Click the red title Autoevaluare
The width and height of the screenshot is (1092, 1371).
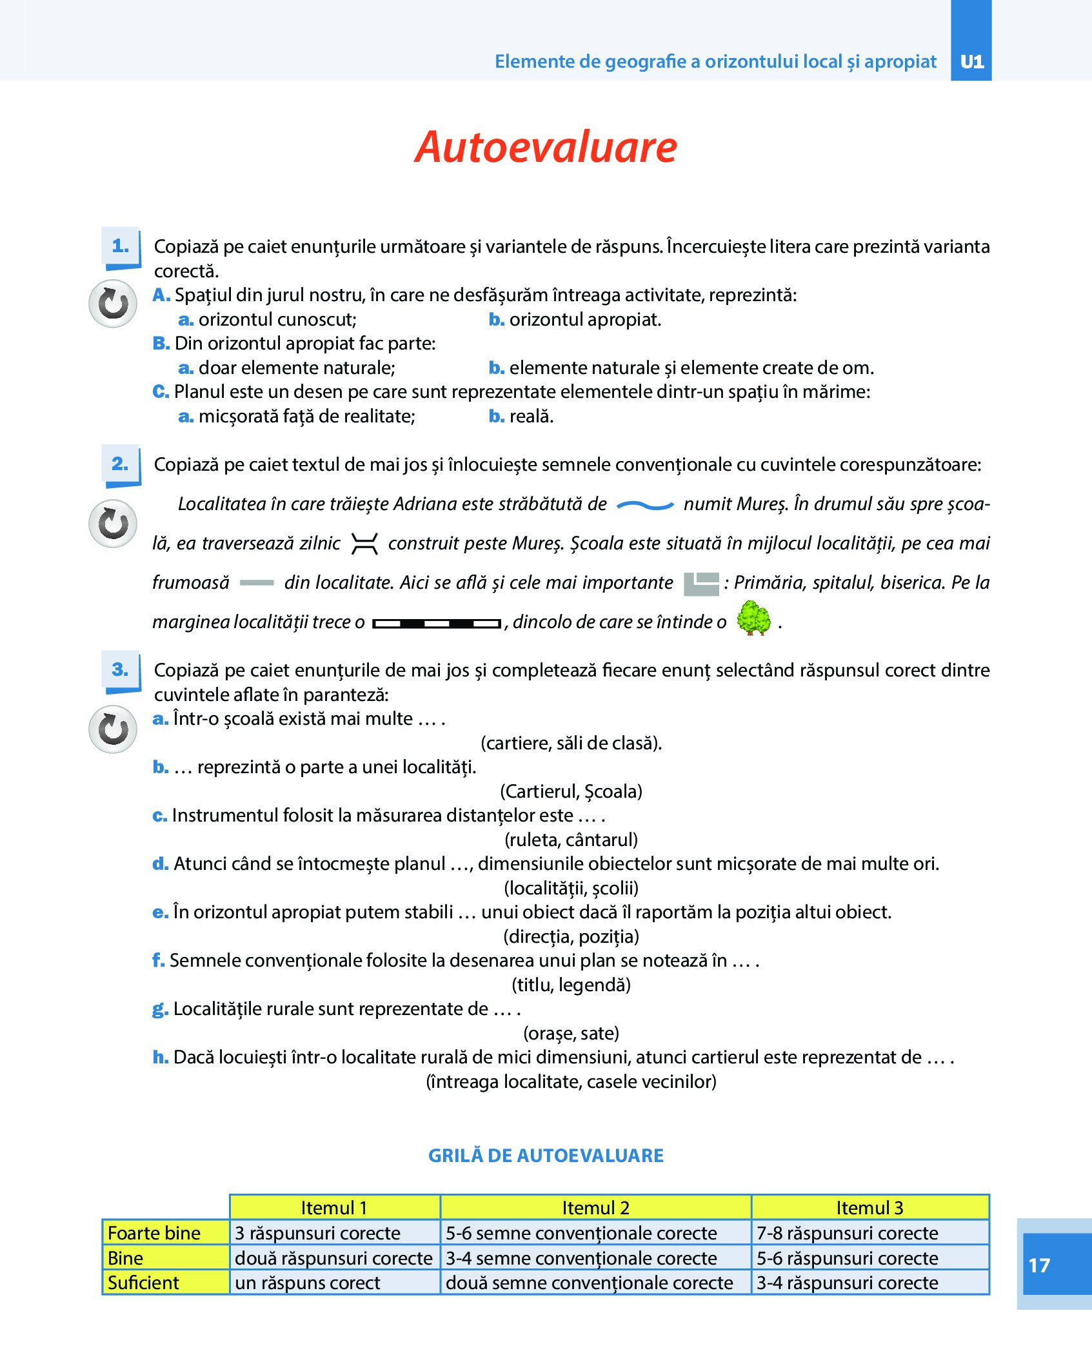coord(546,147)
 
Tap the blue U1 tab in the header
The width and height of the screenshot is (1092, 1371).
coord(971,61)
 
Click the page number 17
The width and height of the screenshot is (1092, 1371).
coord(1039,1265)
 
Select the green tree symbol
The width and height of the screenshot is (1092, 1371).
coord(753,618)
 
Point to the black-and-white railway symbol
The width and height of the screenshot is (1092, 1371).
coord(437,624)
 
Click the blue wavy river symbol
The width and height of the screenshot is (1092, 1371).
coord(645,506)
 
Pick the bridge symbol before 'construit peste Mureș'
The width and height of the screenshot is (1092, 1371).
coord(364,544)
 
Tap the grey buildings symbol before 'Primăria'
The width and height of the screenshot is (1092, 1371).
coord(701,584)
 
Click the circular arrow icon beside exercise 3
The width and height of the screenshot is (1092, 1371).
coord(113,729)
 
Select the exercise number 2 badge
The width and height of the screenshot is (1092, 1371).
coord(121,464)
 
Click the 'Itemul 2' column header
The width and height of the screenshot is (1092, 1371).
coord(595,1208)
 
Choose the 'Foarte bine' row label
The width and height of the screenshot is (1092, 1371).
coord(154,1233)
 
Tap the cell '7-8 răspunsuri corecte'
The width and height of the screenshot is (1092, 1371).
coord(847,1233)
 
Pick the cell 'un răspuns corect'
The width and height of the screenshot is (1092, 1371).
coord(308,1283)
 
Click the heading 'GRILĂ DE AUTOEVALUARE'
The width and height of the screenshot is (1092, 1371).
coord(546,1156)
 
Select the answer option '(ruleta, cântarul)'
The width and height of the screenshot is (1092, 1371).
coord(571,840)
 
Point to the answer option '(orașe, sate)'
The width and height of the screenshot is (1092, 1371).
coord(571,1033)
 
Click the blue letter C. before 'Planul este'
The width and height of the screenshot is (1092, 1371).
coord(161,392)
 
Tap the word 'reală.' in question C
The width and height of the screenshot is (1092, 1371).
coord(531,417)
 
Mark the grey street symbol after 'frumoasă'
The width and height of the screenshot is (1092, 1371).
coord(257,583)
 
